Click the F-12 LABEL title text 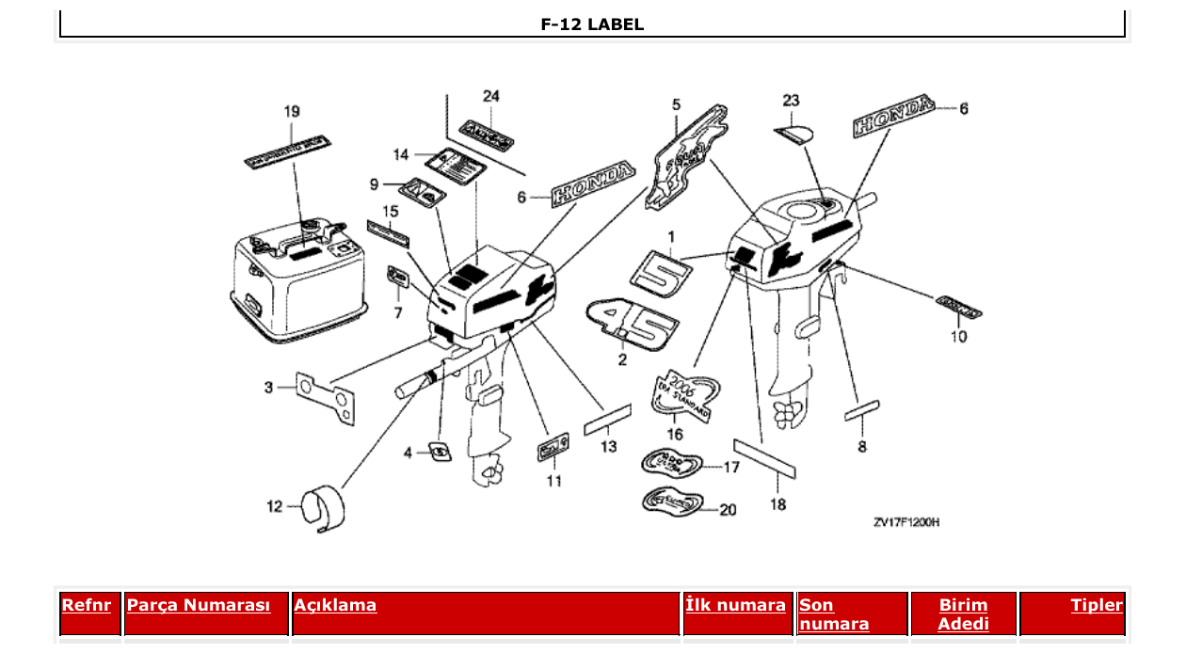592,24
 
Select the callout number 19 292,111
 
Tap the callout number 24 490,96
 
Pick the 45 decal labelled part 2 633,325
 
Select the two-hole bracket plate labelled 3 327,397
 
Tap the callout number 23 791,100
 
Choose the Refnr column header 86,605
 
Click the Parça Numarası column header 198,605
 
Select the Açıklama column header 335,605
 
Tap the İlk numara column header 735,605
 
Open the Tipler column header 1097,605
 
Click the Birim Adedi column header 963,614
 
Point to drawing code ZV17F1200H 906,522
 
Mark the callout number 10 957,336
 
